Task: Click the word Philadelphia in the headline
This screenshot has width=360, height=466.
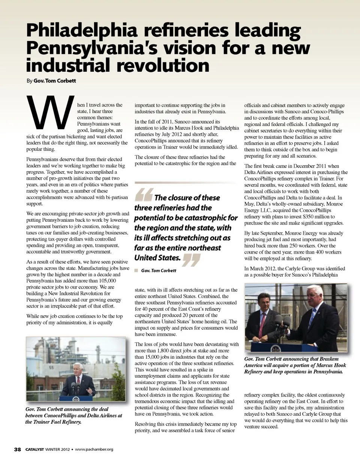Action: (81, 30)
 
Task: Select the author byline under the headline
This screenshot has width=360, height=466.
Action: (51, 81)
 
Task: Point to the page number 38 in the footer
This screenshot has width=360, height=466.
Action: (18, 449)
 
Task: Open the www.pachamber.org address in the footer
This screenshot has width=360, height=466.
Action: (94, 449)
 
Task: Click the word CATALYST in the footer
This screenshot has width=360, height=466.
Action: (34, 449)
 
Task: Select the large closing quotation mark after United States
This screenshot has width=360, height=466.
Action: (191, 260)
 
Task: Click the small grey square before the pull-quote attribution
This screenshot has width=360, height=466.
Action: (136, 271)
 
